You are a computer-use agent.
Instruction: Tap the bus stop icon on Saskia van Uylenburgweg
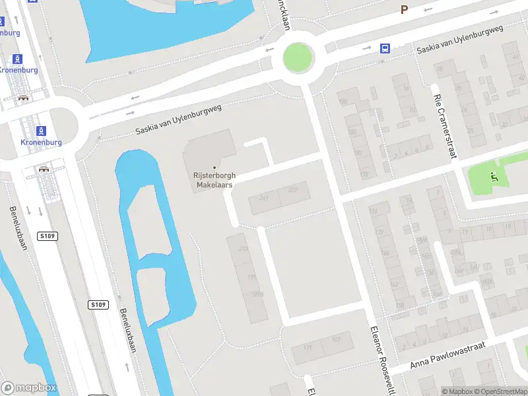tap(384, 48)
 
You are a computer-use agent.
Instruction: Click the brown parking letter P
tap(405, 10)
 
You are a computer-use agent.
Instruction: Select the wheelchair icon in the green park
tap(494, 176)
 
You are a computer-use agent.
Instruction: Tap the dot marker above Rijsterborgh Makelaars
tap(214, 167)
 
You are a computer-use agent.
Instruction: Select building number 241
tap(264, 198)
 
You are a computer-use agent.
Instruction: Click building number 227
tap(293, 191)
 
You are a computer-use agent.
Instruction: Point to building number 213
tap(243, 248)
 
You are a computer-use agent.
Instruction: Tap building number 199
tap(251, 277)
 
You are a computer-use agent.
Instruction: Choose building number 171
tap(308, 348)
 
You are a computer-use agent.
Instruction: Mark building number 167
tap(336, 339)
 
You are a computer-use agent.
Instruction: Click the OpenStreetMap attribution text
tap(504, 391)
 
